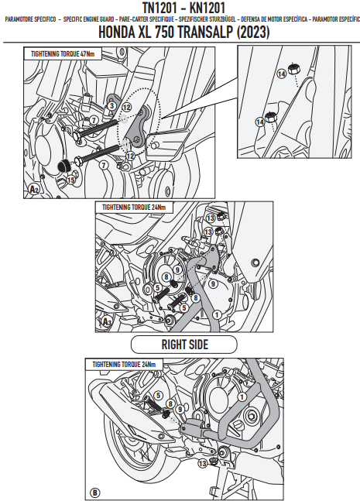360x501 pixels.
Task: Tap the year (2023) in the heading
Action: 253,33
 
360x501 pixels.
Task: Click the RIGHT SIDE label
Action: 184,345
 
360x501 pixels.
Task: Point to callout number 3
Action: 111,106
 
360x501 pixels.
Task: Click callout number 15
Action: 70,180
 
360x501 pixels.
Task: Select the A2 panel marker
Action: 34,190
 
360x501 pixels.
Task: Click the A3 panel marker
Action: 107,321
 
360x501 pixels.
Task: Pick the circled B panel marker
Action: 95,492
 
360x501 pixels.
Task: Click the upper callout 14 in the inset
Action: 281,74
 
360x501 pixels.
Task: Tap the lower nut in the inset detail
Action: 271,117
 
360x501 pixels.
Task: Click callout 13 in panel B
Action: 202,463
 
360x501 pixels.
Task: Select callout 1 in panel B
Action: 242,396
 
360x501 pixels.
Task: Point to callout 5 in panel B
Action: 159,396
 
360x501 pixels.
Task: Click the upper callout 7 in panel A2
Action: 93,120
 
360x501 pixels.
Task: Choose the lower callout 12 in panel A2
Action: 130,156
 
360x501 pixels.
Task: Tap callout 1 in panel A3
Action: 218,314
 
